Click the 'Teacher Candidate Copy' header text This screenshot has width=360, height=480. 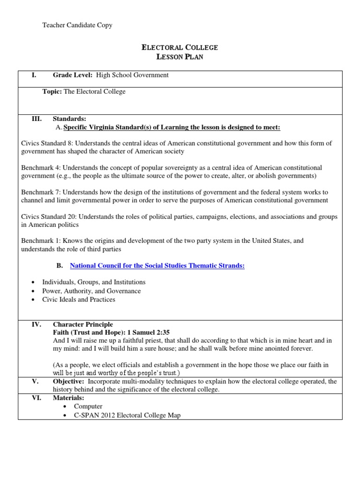(77, 25)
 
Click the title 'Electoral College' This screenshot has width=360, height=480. (180, 47)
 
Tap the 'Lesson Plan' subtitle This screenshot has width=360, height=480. (180, 57)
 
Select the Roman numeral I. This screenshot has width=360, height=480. (34, 75)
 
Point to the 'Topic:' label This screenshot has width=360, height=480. (52, 92)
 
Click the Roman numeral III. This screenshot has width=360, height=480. (37, 119)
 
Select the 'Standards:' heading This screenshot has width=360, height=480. (69, 119)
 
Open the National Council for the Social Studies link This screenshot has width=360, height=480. (157, 266)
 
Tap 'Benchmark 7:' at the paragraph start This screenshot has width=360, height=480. (41, 192)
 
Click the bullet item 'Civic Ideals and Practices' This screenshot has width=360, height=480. (78, 300)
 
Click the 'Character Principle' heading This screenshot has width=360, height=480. (82, 324)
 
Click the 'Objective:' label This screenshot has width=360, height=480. (70, 382)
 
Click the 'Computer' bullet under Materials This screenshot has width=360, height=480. (88, 406)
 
